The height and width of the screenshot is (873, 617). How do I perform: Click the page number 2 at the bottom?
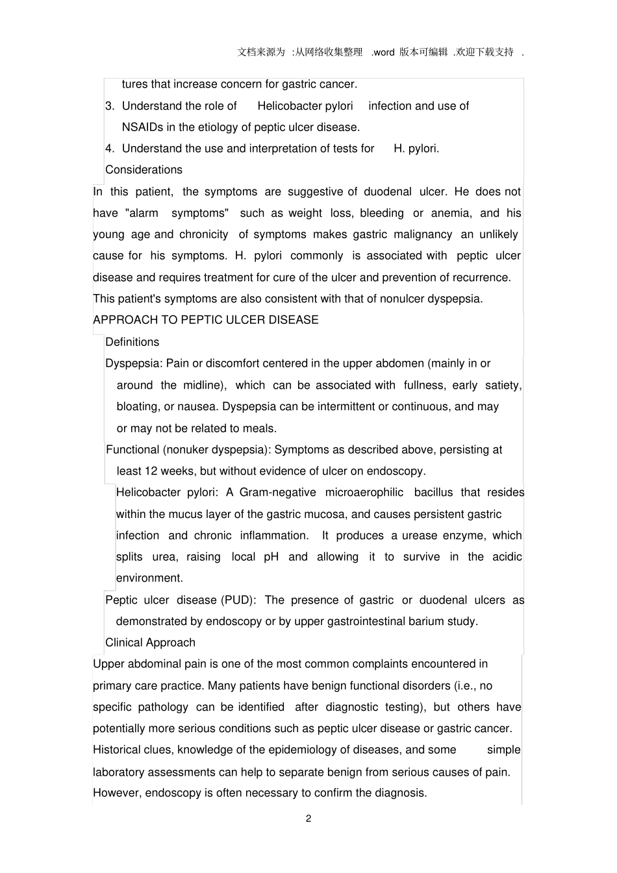[x=308, y=818]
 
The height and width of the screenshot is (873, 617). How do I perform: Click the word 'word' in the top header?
[x=384, y=53]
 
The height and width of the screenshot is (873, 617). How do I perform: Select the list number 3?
[x=109, y=106]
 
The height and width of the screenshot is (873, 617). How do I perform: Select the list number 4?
[x=109, y=149]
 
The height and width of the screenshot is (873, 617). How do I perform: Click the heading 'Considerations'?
[x=144, y=170]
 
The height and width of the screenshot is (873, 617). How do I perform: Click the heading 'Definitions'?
[x=132, y=342]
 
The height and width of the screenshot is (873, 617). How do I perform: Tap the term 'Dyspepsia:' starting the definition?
[x=134, y=363]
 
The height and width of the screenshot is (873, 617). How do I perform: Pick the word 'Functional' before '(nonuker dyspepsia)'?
[x=132, y=450]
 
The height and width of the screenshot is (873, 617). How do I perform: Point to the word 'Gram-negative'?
[x=277, y=493]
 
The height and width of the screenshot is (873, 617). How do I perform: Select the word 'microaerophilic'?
[x=364, y=493]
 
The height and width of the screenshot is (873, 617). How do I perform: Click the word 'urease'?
[x=420, y=535]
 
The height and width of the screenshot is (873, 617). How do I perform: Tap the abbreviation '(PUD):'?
[x=238, y=600]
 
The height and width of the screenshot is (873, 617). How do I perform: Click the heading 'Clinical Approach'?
[x=150, y=643]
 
